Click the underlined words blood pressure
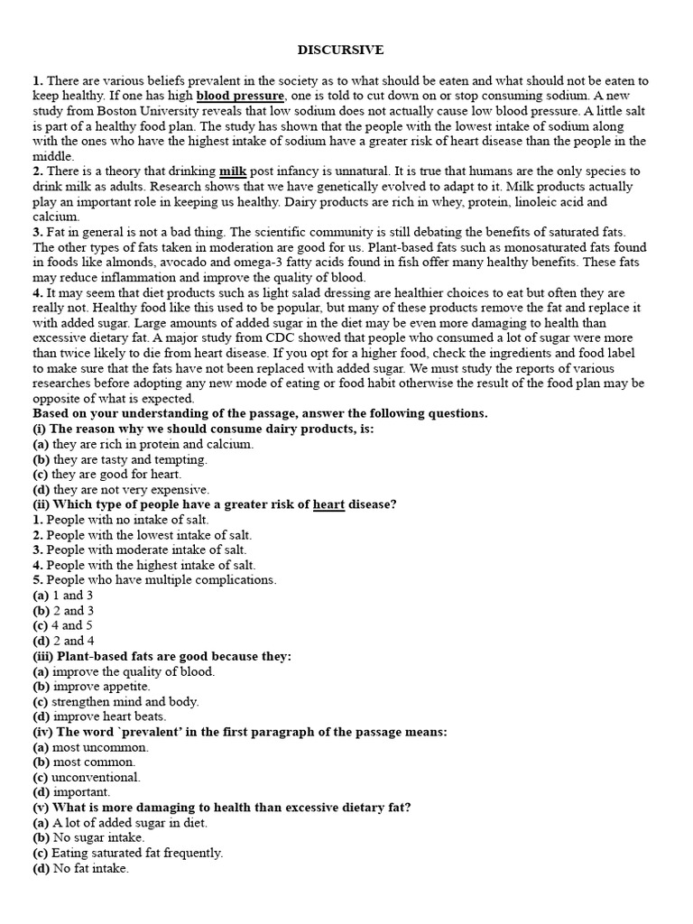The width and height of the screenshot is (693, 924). pyautogui.click(x=241, y=95)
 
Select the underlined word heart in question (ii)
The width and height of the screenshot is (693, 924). pyautogui.click(x=329, y=504)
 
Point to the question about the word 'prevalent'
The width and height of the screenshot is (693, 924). pyautogui.click(x=240, y=732)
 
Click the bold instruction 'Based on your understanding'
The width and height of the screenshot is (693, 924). pyautogui.click(x=260, y=413)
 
